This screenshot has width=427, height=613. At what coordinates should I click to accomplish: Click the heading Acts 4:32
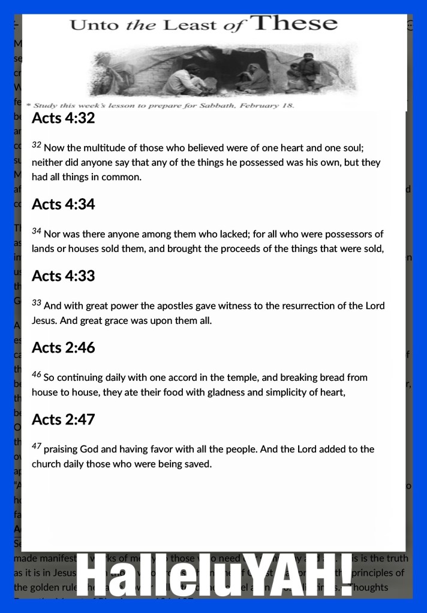click(63, 118)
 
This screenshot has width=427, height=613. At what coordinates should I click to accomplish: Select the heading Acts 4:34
click(63, 204)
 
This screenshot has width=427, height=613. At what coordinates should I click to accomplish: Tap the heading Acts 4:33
click(63, 276)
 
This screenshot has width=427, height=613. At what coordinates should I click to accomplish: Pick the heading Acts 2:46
click(63, 348)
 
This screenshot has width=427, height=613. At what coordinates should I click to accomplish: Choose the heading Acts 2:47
click(63, 420)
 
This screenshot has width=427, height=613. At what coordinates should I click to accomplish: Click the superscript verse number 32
click(36, 145)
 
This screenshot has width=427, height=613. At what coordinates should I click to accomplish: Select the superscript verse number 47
click(36, 446)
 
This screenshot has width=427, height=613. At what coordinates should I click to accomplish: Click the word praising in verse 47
click(63, 450)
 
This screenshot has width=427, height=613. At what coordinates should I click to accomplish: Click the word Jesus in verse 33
click(45, 320)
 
